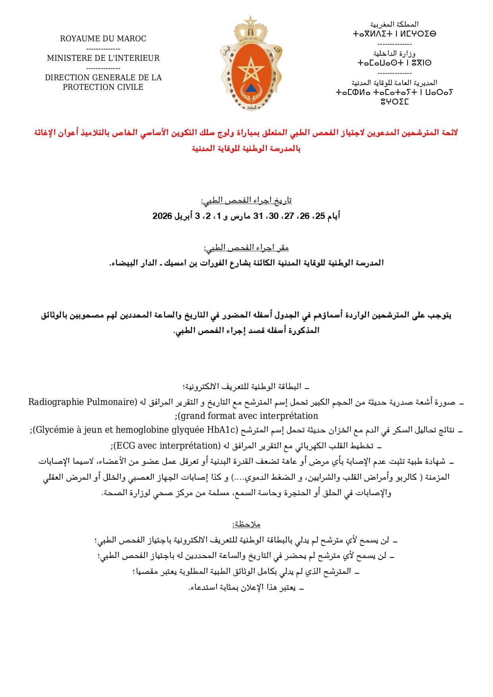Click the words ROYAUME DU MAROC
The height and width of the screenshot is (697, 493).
coord(103,39)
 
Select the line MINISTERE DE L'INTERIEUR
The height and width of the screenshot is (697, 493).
coord(103,58)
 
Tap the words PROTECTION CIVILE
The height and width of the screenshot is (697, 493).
coord(103,87)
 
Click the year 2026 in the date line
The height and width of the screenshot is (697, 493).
coord(162,216)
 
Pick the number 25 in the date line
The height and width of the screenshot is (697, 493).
coord(320,216)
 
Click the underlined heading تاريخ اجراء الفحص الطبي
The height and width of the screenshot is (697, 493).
coord(246,200)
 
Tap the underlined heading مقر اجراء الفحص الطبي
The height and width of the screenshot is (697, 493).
coord(246,248)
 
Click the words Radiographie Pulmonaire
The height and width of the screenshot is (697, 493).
coord(82,402)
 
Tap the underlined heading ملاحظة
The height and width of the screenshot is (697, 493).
coord(246,524)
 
